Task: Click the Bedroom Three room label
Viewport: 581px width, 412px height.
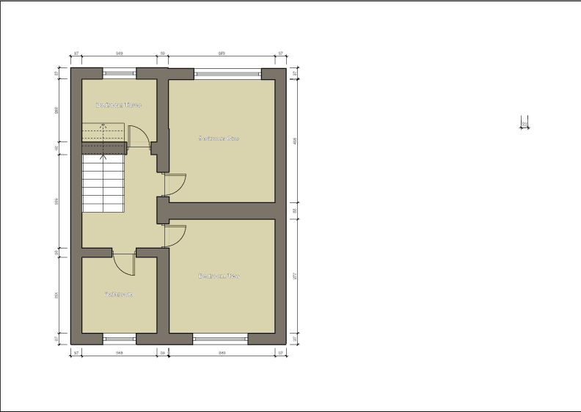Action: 118,105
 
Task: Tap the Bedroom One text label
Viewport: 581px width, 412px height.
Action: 219,138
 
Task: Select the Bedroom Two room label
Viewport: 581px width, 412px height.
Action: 219,276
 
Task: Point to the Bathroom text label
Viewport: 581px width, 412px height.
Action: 118,295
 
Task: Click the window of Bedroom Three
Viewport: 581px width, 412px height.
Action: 119,72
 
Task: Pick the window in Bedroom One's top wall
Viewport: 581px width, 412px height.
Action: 227,72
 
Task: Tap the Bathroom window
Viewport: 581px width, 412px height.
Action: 119,338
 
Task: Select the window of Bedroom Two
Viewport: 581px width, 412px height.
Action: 220,338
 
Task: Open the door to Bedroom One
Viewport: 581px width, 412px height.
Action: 175,184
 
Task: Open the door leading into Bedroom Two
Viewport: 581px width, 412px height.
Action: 175,235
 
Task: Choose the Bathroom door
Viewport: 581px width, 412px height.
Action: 124,264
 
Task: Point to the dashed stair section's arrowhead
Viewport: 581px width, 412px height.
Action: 103,126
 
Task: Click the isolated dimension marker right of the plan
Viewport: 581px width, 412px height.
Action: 525,124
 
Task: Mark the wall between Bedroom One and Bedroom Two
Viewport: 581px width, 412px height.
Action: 220,210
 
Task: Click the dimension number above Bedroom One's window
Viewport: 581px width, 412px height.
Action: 222,54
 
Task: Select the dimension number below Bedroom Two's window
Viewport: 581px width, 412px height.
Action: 222,353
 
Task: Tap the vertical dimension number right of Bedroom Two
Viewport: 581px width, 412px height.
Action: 295,276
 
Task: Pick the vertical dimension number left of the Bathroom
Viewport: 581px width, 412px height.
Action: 57,296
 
